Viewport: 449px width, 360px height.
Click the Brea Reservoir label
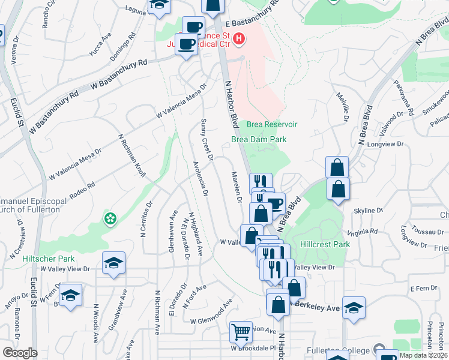(272, 124)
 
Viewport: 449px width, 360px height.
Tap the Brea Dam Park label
(259, 139)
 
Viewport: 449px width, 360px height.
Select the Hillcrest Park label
(324, 245)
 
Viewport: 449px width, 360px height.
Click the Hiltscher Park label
(48, 259)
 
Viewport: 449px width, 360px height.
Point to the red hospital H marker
(240, 40)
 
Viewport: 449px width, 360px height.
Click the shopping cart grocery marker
(241, 331)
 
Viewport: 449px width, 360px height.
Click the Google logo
(20, 353)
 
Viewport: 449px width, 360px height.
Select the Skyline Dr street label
(368, 211)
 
